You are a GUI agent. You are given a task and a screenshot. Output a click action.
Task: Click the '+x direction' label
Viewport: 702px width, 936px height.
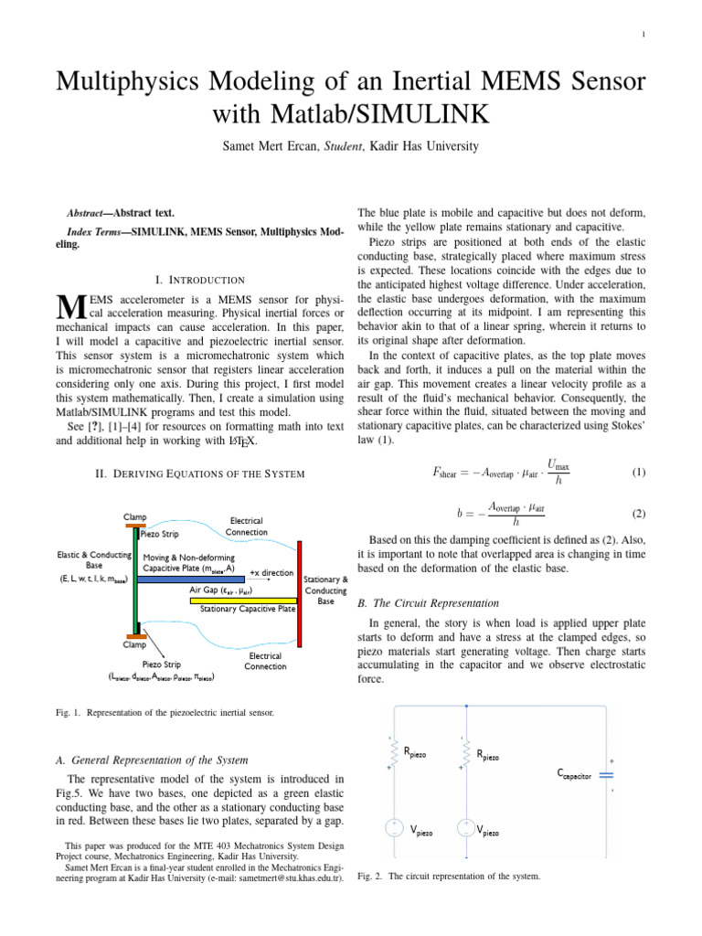271,572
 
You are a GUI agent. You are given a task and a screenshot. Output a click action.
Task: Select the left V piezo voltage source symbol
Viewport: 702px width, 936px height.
394,828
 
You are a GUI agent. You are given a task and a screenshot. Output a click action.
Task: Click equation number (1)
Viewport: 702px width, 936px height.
639,473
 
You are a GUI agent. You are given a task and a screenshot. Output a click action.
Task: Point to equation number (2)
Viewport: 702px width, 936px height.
639,515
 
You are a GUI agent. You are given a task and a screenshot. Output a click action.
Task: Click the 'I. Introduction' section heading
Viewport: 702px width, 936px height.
200,280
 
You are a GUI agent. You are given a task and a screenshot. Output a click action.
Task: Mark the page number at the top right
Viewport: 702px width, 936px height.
643,36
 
